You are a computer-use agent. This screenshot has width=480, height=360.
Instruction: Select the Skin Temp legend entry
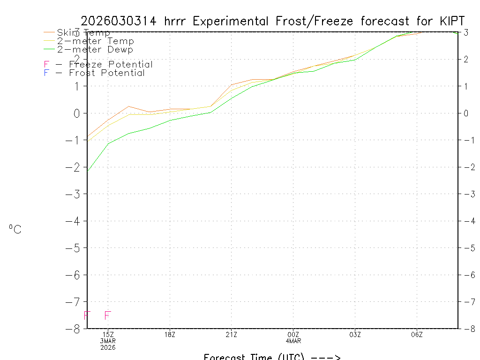(83, 33)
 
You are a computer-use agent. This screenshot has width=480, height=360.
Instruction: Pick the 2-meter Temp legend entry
(95, 41)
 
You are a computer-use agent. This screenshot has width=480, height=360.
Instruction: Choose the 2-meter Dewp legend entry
(95, 50)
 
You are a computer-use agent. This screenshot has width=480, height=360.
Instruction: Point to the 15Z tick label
(108, 334)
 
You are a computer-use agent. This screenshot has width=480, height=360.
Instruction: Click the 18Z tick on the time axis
(170, 334)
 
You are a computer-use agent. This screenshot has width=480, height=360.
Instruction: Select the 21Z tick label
(231, 334)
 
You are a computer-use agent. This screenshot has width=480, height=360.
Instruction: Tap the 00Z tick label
(293, 334)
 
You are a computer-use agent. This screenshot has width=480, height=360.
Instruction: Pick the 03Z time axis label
(355, 334)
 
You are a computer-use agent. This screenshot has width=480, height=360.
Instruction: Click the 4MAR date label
(293, 341)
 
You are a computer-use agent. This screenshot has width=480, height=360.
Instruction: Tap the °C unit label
(15, 229)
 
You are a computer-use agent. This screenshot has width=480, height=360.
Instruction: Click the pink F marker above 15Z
(108, 315)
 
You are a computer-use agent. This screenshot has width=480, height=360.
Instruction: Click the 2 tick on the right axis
(466, 59)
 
